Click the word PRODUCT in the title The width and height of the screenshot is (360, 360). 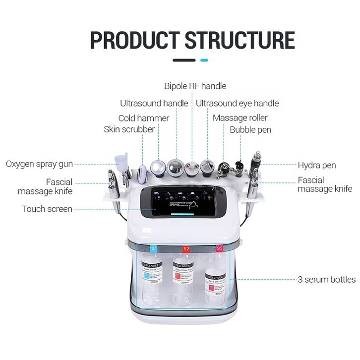(x=135, y=40)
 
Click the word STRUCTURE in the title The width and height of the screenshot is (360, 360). (x=240, y=40)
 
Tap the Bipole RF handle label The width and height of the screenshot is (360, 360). (x=195, y=86)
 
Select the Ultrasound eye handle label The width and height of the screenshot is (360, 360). (x=237, y=103)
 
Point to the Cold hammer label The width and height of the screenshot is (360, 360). (x=143, y=118)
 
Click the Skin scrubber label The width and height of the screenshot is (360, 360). (x=129, y=129)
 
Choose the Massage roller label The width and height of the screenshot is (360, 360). (x=240, y=118)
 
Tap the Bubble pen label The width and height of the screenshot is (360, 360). (x=250, y=129)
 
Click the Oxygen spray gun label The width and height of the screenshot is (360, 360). (x=39, y=164)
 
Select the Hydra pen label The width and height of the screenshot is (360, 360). (x=316, y=165)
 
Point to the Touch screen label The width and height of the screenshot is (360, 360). (x=47, y=209)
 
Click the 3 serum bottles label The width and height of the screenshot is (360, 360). (x=326, y=279)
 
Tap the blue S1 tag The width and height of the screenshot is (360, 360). (x=154, y=248)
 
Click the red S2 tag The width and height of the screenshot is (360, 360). (x=186, y=248)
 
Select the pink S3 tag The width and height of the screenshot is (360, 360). (x=219, y=247)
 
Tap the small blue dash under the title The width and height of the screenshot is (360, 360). (x=204, y=60)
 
